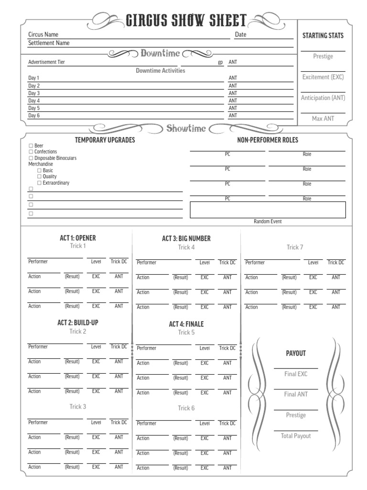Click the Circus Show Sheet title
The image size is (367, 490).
186,20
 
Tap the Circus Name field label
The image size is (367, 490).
43,34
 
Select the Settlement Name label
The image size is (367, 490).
49,43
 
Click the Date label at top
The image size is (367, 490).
240,34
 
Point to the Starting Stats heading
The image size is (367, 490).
323,35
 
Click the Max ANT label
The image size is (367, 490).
323,118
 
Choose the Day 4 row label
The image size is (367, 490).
34,101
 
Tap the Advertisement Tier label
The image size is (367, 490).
47,62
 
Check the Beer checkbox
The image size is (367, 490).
31,145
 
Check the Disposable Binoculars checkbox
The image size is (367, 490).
31,158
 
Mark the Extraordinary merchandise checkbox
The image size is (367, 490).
40,183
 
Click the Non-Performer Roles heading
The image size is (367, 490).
268,140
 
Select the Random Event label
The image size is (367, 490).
268,222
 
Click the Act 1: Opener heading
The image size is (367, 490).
77,238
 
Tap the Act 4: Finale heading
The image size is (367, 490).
186,324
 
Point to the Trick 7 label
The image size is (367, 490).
295,247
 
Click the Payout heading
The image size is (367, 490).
295,353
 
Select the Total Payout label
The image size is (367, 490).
295,436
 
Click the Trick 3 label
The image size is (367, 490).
78,407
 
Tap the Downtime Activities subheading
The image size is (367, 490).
160,70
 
